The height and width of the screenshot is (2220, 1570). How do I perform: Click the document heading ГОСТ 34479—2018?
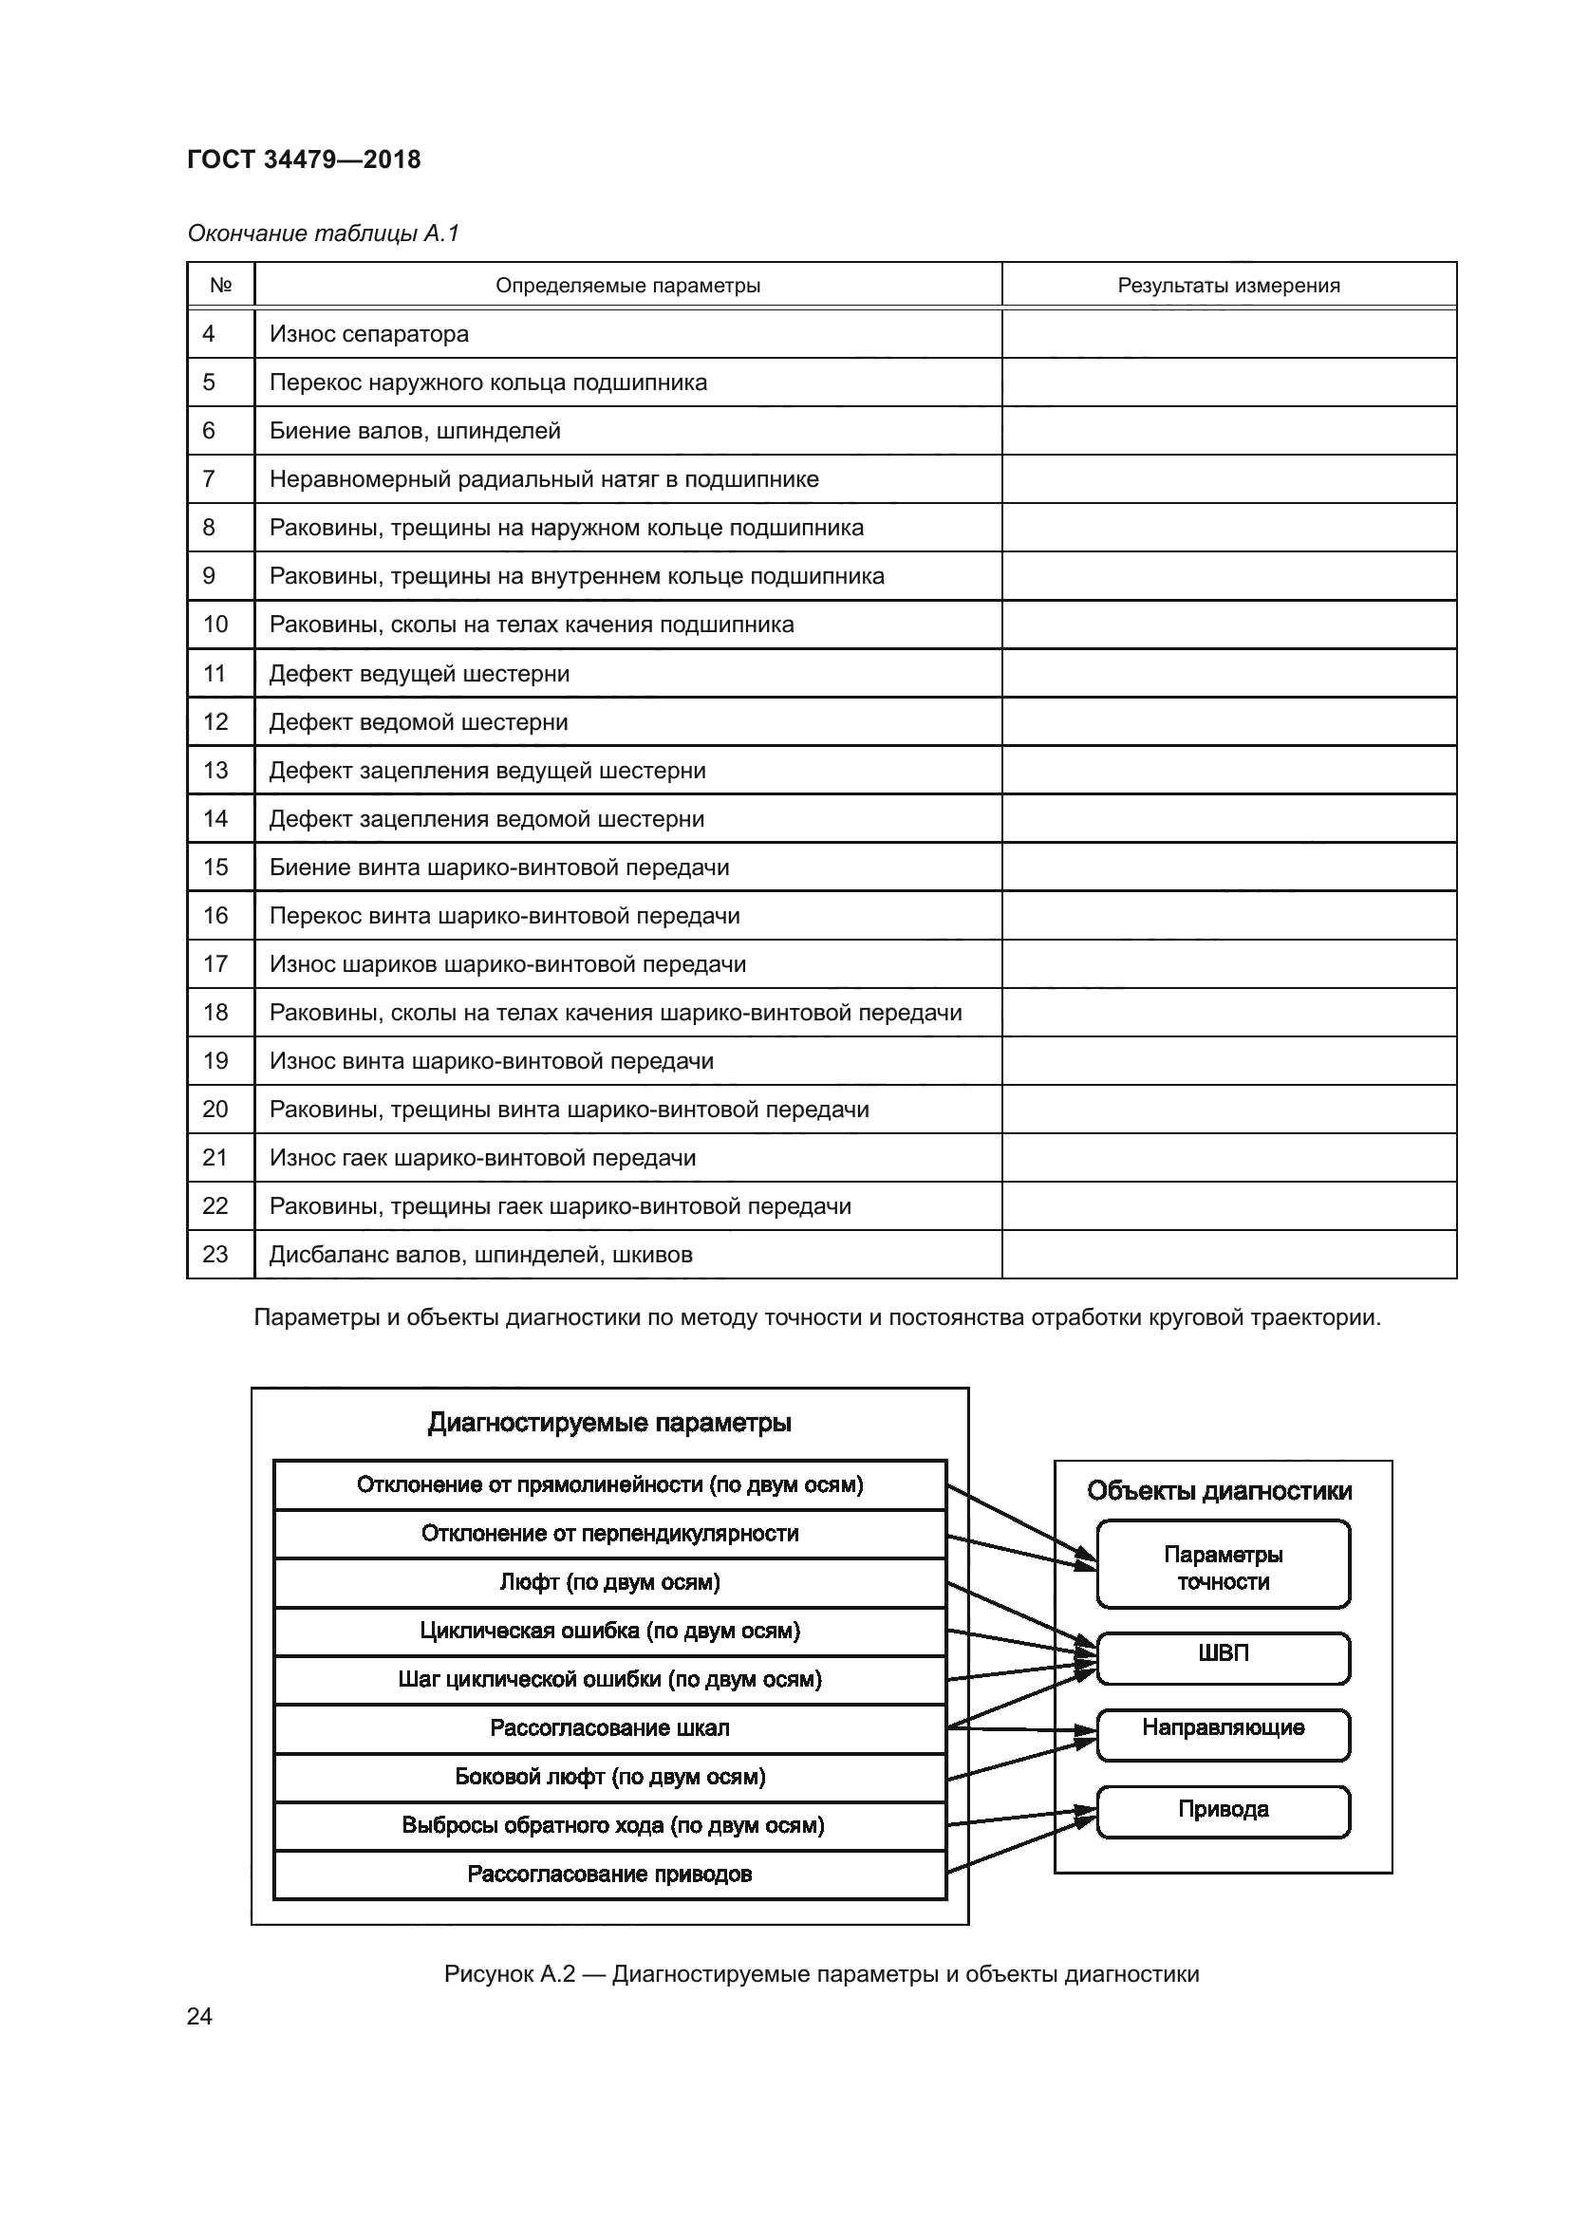[x=304, y=159]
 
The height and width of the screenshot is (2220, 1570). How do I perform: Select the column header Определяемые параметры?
[x=627, y=286]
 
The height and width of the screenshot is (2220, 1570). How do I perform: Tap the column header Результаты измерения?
[x=1227, y=286]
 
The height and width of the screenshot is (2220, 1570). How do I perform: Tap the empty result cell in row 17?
[x=1227, y=964]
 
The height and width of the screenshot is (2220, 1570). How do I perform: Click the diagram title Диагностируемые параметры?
[x=609, y=1423]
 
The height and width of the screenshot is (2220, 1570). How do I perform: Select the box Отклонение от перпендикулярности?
[x=609, y=1534]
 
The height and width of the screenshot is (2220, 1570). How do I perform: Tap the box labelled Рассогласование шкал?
[x=609, y=1727]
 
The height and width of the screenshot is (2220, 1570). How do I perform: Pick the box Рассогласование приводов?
[x=609, y=1874]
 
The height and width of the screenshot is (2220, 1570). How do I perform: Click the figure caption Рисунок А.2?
[x=821, y=1974]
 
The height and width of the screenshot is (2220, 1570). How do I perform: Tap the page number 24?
[x=199, y=2017]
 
